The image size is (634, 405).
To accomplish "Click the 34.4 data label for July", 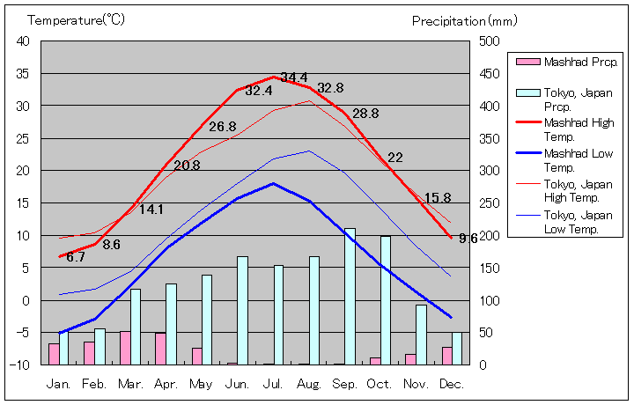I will click(x=294, y=77).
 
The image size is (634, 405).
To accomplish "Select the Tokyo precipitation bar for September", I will click(x=350, y=296).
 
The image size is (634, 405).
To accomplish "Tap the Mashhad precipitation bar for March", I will click(x=125, y=348).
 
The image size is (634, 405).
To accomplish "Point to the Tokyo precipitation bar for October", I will click(x=386, y=299).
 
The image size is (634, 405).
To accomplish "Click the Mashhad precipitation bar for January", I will click(x=54, y=354).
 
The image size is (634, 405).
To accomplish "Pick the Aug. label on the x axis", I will click(x=310, y=384).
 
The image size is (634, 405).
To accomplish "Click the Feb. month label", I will click(x=94, y=384).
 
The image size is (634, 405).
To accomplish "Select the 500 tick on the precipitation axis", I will click(x=489, y=41).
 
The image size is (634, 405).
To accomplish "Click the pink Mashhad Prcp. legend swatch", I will click(x=527, y=62).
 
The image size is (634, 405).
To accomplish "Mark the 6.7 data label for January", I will click(x=76, y=257).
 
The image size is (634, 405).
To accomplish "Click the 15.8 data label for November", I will click(x=438, y=198).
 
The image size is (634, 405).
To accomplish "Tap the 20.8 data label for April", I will click(x=187, y=165).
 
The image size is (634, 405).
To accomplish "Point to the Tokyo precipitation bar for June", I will click(x=242, y=310).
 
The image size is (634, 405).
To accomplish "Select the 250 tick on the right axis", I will click(x=489, y=203).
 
